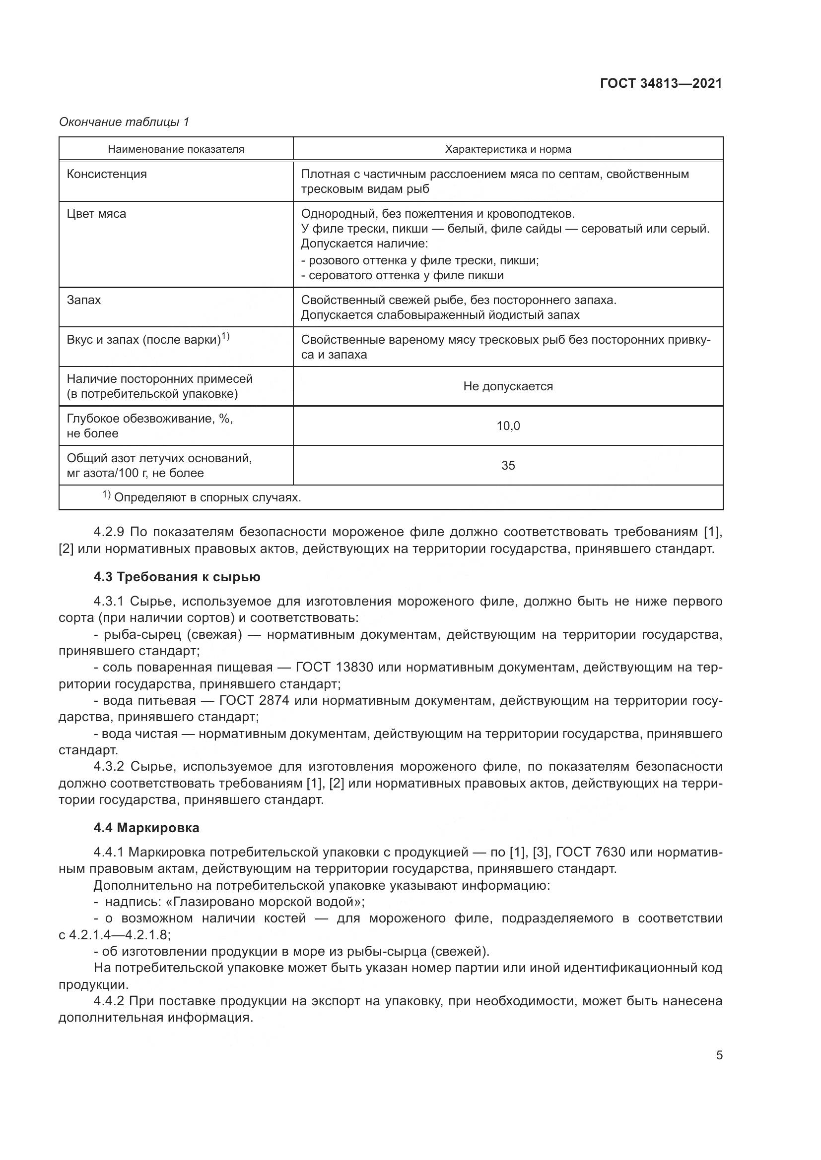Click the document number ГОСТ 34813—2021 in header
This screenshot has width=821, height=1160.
[661, 84]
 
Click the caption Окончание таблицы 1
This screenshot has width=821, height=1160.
[124, 122]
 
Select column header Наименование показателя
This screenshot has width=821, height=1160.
[176, 149]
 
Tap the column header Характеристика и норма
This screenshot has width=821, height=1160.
[508, 149]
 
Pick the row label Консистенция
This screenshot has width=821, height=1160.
[107, 174]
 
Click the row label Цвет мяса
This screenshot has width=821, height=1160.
[97, 214]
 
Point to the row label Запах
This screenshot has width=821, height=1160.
[84, 300]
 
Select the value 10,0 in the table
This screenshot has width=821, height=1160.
[508, 426]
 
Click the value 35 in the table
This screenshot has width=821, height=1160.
[508, 465]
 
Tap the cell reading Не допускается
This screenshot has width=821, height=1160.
[508, 386]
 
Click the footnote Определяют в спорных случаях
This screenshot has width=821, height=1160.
[207, 497]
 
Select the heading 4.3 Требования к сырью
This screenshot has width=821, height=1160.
[177, 577]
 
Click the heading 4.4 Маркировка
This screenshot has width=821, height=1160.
[146, 828]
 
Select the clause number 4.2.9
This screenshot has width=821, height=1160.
[109, 532]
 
